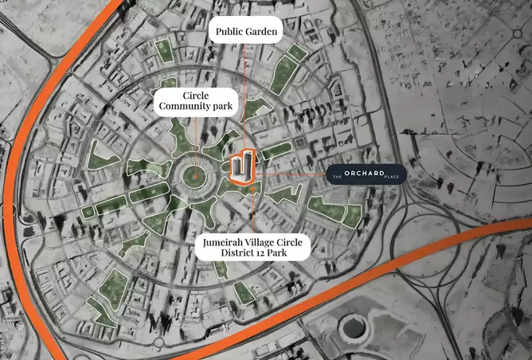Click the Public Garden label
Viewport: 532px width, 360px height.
[245, 33]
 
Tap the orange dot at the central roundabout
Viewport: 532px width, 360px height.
[194, 175]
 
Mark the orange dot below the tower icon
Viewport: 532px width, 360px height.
[253, 190]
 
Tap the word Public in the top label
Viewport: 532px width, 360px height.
[226, 33]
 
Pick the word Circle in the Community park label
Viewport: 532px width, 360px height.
[196, 95]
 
